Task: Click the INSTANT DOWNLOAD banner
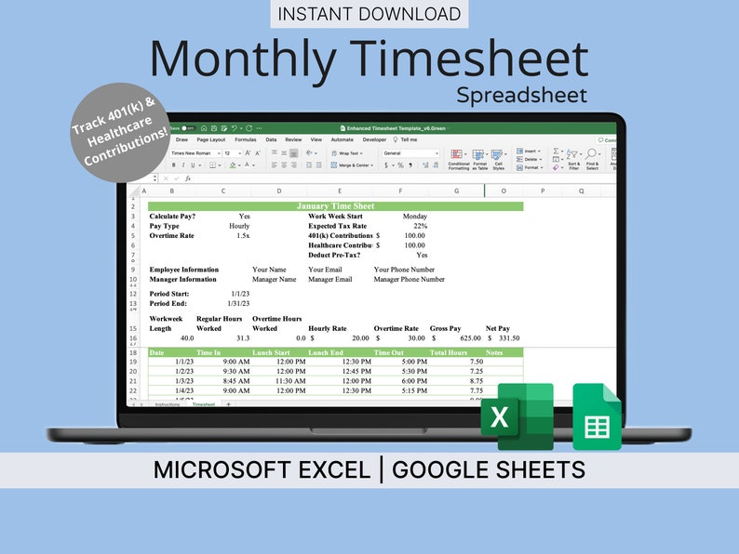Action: pos(369,14)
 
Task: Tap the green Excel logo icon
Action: pos(517,416)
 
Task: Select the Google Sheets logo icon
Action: pos(597,417)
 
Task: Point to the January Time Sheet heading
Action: pos(335,206)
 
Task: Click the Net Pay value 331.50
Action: pos(503,338)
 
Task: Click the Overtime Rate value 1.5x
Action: pos(242,236)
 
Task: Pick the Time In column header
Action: pos(208,352)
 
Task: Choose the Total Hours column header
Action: pos(449,352)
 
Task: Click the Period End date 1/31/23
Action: pos(238,303)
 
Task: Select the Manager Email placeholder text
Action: pos(330,279)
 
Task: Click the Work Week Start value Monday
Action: pos(414,216)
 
